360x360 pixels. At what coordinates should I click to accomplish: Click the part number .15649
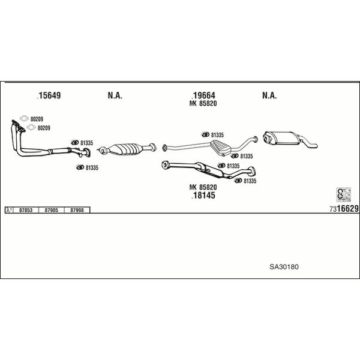point(49,95)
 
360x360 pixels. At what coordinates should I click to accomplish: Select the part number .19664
point(203,95)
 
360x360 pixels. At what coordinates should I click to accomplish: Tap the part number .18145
point(203,196)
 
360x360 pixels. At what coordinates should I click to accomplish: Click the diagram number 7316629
point(344,208)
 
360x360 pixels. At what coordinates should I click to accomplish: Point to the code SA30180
point(284,267)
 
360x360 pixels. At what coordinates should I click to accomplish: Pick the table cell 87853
point(26,210)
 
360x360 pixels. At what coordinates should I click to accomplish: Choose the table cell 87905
point(51,210)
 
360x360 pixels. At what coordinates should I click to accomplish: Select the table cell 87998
point(77,210)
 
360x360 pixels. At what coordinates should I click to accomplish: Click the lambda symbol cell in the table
point(9,210)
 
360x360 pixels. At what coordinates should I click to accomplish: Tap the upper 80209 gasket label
point(37,119)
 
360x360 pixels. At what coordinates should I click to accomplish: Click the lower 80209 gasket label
point(44,128)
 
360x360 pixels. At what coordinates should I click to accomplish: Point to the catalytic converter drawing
point(127,149)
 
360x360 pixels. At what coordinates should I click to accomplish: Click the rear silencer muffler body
point(281,138)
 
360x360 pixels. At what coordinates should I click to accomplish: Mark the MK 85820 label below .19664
point(203,104)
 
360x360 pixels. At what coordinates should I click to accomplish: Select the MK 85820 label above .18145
point(203,187)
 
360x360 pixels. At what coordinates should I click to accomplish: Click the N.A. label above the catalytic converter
point(115,95)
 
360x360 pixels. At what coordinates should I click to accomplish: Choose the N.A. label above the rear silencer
point(269,95)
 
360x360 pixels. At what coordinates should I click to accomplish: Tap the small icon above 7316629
point(344,194)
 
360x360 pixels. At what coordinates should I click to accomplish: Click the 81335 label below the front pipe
point(92,168)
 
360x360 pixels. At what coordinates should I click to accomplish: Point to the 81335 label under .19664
point(217,135)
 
